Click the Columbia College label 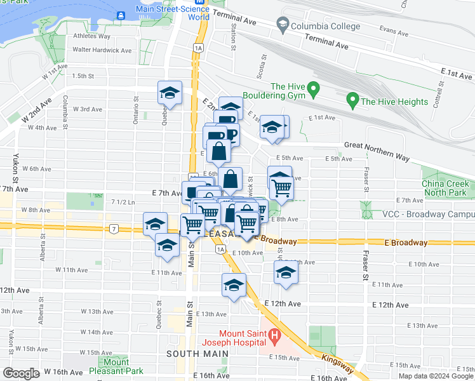325,26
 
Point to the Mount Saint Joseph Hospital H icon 274,334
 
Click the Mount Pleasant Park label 116,366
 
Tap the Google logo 21,373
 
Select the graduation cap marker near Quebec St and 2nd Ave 170,93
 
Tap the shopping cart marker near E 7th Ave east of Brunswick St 281,185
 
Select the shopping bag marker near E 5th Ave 218,152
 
